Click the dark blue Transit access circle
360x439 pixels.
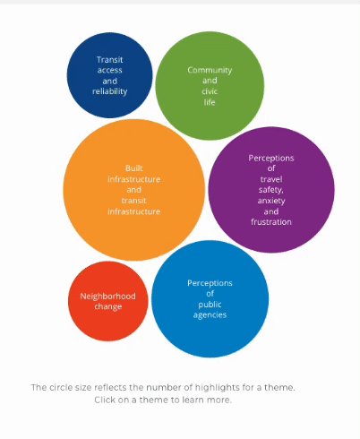click(109, 75)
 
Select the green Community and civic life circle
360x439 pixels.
click(210, 86)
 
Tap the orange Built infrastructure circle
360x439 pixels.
click(134, 190)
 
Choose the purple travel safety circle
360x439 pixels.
click(271, 190)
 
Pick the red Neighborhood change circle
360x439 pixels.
click(108, 301)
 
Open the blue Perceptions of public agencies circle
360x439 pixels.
click(210, 299)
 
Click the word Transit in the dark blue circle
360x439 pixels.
click(110, 60)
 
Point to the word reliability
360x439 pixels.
click(110, 91)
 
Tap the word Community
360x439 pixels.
click(210, 70)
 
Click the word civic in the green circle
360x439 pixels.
click(210, 91)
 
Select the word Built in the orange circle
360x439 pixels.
click(134, 168)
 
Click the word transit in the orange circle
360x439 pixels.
click(134, 201)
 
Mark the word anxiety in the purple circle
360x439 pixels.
click(271, 201)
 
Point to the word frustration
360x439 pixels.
click(271, 222)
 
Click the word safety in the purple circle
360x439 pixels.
click(271, 190)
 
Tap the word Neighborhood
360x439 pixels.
click(108, 297)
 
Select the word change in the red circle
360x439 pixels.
click(108, 306)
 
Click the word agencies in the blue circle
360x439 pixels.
click(210, 315)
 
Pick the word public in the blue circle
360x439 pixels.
click(210, 305)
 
